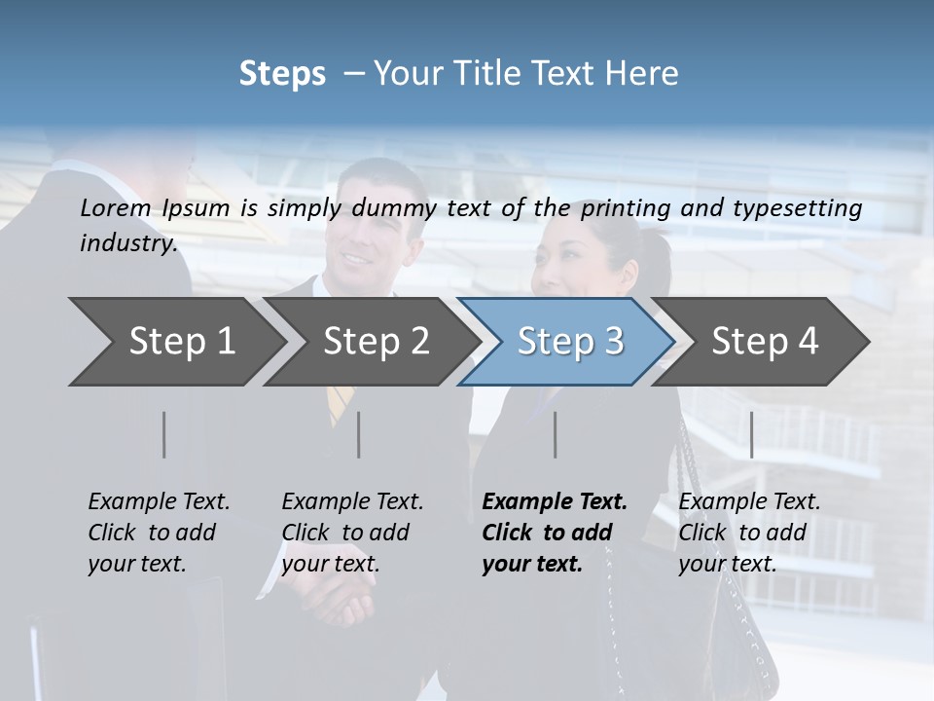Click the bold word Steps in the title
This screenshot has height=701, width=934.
click(x=282, y=74)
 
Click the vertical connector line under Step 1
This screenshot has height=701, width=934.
click(x=163, y=434)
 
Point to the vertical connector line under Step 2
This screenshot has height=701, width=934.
click(x=359, y=434)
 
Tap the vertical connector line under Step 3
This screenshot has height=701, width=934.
click(x=555, y=434)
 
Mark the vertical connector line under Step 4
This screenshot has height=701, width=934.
click(x=751, y=434)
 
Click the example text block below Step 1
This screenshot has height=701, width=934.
click(x=159, y=533)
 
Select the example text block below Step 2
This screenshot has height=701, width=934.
click(x=352, y=533)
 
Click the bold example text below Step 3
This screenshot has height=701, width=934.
click(x=555, y=533)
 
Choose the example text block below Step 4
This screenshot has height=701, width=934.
click(x=749, y=533)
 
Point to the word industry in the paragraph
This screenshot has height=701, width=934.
click(x=128, y=242)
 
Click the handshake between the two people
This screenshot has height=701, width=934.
click(x=342, y=596)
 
